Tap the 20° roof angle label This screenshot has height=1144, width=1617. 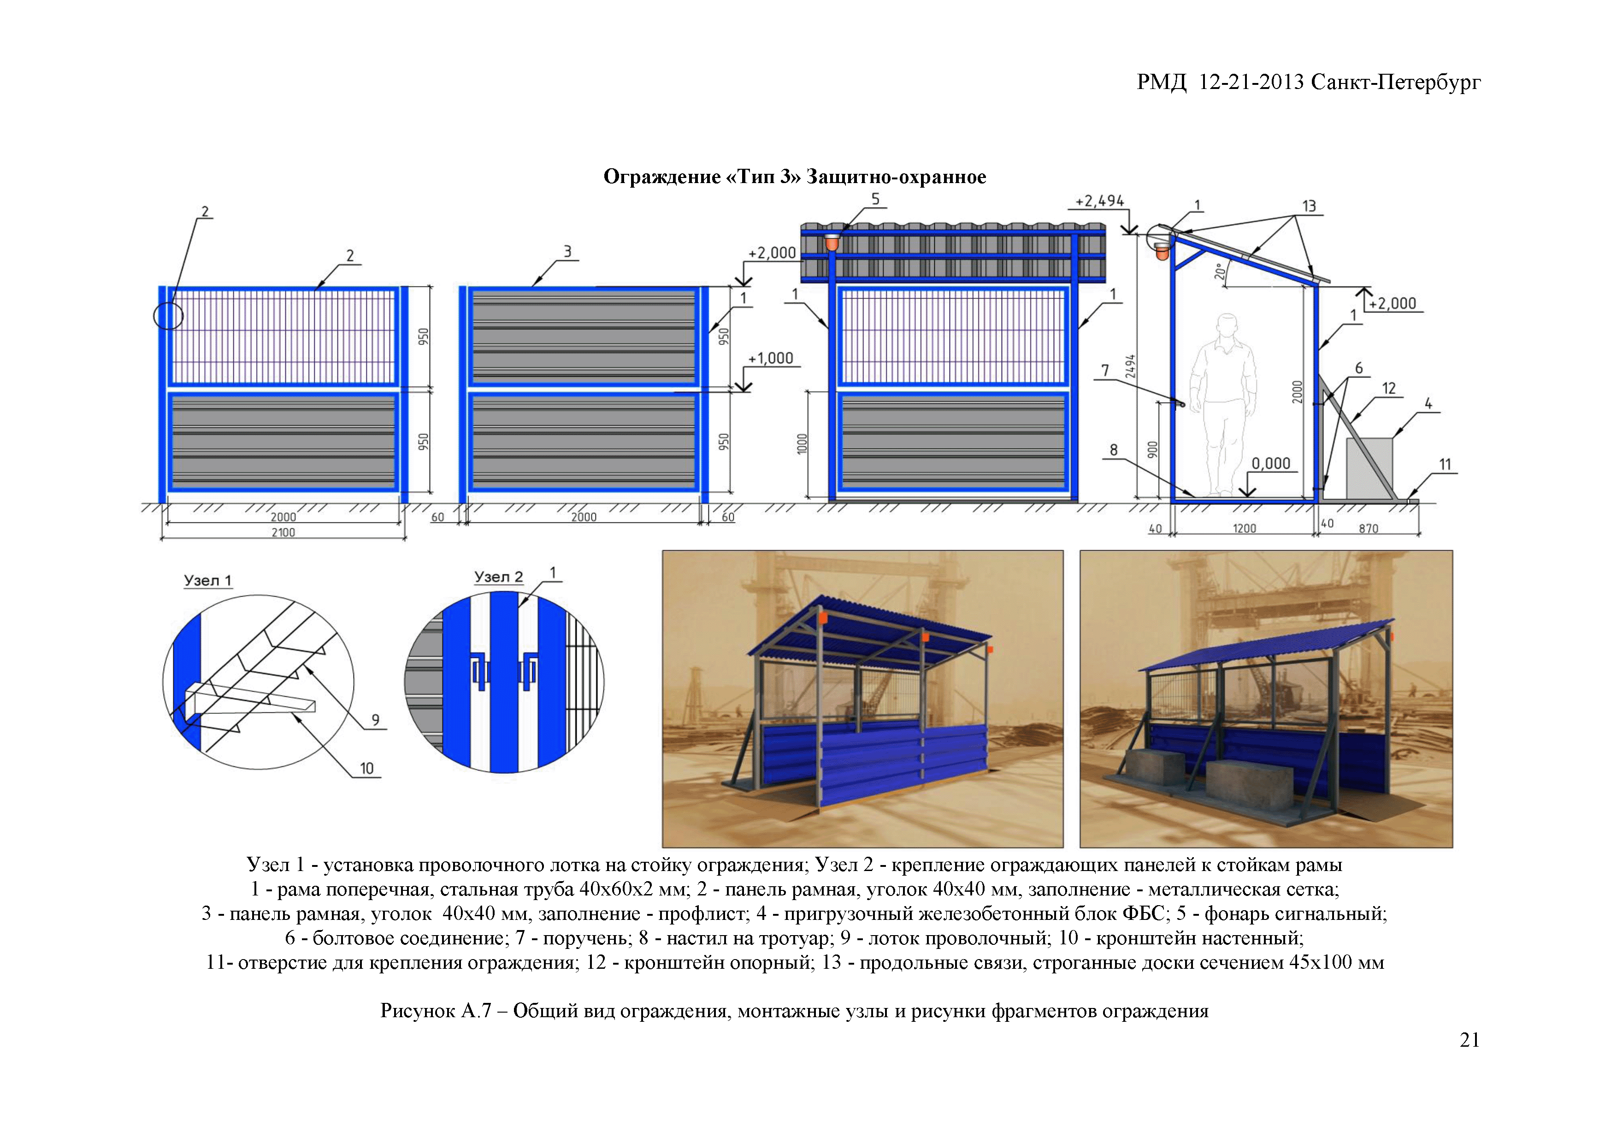pyautogui.click(x=1221, y=271)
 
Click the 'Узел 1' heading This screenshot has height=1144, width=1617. pyautogui.click(x=207, y=581)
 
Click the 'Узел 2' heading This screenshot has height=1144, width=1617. pyautogui.click(x=498, y=577)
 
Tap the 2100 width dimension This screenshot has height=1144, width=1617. pyautogui.click(x=283, y=533)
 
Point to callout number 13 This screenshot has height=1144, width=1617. pyautogui.click(x=1309, y=207)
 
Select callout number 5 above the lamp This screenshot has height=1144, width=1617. pyautogui.click(x=875, y=199)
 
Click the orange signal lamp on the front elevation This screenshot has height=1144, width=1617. pyautogui.click(x=832, y=243)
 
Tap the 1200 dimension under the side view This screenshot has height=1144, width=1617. pyautogui.click(x=1245, y=528)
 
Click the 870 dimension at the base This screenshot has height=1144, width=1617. pyautogui.click(x=1369, y=528)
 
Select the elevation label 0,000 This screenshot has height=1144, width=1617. pyautogui.click(x=1271, y=463)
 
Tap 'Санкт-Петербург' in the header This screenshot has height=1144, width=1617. pyautogui.click(x=1396, y=83)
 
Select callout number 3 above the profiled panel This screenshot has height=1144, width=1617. pyautogui.click(x=567, y=251)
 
